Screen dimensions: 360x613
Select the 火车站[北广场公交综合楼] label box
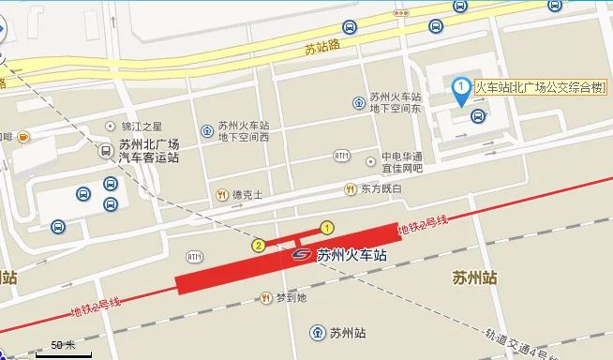(x=539, y=88)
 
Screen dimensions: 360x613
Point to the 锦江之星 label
(x=142, y=127)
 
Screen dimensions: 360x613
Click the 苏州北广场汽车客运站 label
(x=149, y=151)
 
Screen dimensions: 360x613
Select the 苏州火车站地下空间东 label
(x=395, y=102)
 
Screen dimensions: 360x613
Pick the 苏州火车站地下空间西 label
(x=243, y=131)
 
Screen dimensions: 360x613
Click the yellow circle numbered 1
(x=327, y=227)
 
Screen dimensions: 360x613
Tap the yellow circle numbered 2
(x=258, y=246)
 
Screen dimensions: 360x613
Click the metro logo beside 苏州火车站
(x=302, y=254)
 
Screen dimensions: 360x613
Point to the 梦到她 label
(x=291, y=298)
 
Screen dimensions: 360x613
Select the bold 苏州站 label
(x=474, y=277)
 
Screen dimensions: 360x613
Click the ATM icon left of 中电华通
(x=341, y=156)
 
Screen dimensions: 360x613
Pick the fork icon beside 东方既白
(x=351, y=189)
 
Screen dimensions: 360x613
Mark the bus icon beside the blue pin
(x=478, y=116)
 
